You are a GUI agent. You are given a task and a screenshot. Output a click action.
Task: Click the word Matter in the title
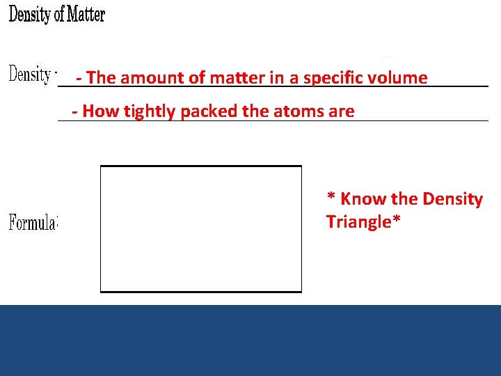(85, 15)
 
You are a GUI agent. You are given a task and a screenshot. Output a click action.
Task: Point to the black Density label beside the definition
(30, 74)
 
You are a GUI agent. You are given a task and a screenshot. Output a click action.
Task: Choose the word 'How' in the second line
(100, 111)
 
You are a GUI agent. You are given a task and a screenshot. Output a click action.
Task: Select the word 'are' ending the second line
(341, 111)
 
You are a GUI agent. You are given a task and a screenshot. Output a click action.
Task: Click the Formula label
(33, 223)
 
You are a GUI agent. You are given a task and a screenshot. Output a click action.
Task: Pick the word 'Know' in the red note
(363, 199)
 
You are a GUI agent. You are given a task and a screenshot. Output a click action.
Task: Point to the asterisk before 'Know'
(331, 197)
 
